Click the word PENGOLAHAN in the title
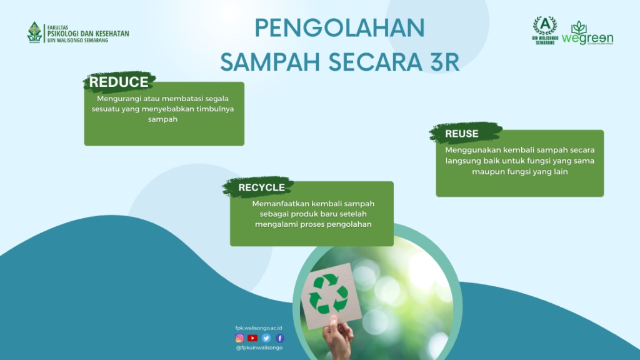[x=339, y=27]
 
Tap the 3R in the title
[x=445, y=62]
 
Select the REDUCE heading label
[x=119, y=82]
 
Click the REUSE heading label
[x=462, y=134]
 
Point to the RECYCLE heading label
[x=262, y=187]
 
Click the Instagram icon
[x=239, y=338]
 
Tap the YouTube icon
[x=252, y=338]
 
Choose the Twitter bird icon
[x=266, y=338]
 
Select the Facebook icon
[x=279, y=338]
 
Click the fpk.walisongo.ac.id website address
[x=259, y=327]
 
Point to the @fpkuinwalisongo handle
[x=259, y=347]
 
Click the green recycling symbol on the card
[x=328, y=294]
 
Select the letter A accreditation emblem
[x=545, y=30]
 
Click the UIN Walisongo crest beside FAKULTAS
[x=34, y=32]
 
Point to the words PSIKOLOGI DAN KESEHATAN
[x=88, y=34]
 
